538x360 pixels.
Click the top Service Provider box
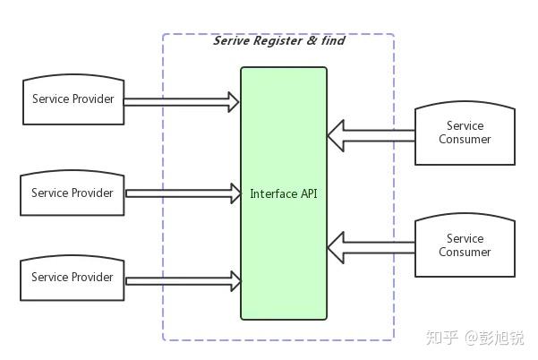73,100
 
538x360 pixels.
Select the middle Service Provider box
73,193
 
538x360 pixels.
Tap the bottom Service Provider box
73,278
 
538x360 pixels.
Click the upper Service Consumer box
465,133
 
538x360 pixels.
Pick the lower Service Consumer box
465,246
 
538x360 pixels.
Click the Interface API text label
284,193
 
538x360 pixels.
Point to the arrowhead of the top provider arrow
235,102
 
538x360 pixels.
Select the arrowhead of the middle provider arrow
237,193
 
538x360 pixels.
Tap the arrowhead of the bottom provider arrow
236,280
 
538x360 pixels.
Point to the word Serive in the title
231,41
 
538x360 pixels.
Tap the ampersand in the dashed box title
312,41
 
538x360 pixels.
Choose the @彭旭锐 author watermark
494,338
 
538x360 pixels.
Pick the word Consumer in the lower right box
465,253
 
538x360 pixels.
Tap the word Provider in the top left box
92,99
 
